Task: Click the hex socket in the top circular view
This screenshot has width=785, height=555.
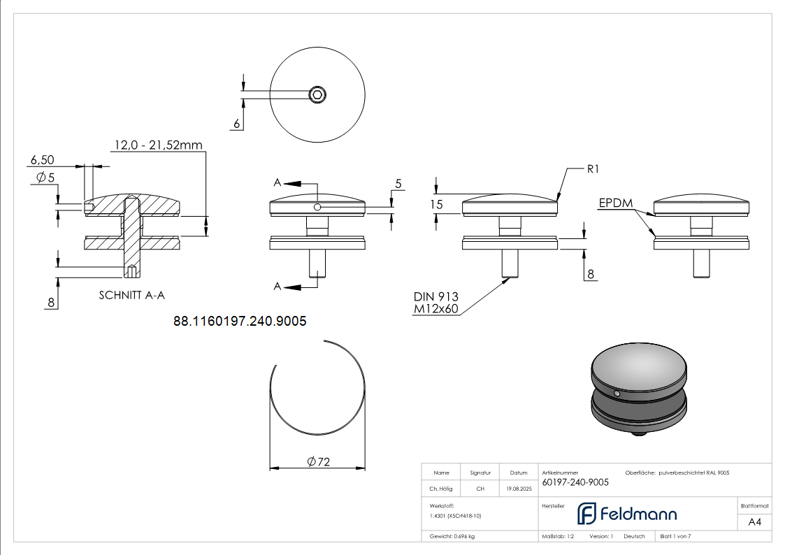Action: [x=318, y=94]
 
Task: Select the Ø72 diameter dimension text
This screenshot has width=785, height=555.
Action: [x=318, y=461]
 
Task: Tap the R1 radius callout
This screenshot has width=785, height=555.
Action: [x=593, y=169]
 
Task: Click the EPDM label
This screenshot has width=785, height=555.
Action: [x=615, y=203]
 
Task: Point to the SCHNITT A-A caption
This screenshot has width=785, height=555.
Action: [x=131, y=295]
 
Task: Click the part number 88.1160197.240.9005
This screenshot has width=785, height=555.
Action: [x=240, y=322]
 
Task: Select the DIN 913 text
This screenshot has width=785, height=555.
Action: [x=435, y=296]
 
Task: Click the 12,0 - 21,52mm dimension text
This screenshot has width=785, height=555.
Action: [x=158, y=145]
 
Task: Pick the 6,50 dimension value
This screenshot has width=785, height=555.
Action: [x=42, y=160]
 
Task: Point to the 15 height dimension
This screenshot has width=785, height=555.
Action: [x=437, y=205]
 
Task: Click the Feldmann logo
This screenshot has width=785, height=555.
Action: [x=626, y=514]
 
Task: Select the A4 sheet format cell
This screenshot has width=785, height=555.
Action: [x=755, y=521]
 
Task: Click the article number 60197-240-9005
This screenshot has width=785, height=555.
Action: [x=575, y=482]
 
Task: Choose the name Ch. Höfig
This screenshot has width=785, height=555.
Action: [x=441, y=489]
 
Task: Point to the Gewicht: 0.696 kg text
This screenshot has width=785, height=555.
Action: [x=452, y=536]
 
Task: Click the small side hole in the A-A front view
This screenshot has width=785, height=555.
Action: [x=317, y=207]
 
